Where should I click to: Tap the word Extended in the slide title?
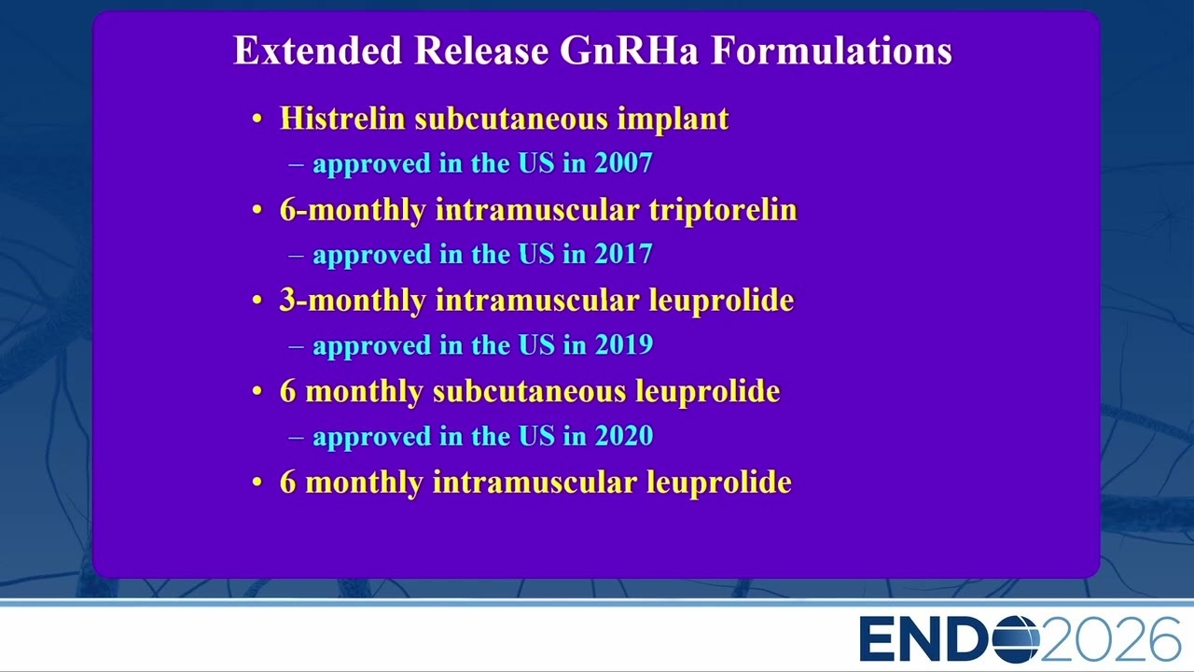pos(318,50)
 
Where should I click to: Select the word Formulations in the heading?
pos(832,50)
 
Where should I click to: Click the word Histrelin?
pos(342,118)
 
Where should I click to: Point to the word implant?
pos(673,119)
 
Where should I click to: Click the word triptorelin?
pos(723,210)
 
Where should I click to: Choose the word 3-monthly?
pos(353,301)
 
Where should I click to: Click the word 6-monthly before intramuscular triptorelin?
pos(353,210)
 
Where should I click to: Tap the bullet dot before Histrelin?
pos(257,119)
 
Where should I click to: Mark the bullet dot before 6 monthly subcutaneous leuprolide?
pos(257,391)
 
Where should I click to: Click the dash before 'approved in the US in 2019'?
pos(297,346)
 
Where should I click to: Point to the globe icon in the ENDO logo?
pos(1016,639)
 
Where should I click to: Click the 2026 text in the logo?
pos(1110,639)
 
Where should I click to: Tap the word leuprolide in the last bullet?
pos(719,483)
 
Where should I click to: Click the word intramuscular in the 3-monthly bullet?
pos(537,300)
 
